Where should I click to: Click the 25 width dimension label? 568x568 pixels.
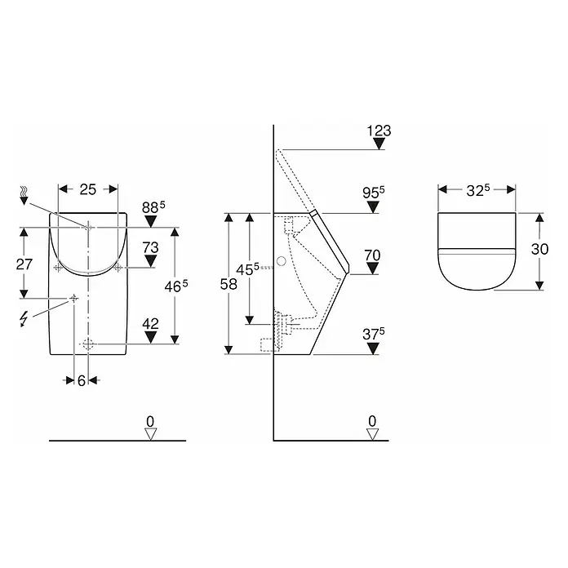tap(87, 189)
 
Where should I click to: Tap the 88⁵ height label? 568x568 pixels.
tap(153, 207)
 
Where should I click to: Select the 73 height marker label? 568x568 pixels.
tap(150, 248)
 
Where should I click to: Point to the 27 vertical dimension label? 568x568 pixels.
tap(24, 264)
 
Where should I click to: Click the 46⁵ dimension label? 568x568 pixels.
tap(176, 287)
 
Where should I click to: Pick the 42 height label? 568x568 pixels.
tap(150, 324)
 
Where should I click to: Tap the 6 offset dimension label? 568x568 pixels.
tap(82, 380)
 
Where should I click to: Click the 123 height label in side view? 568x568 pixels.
tap(379, 131)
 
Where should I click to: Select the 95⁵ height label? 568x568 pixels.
tap(374, 193)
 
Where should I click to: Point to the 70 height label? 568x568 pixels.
tap(372, 255)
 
